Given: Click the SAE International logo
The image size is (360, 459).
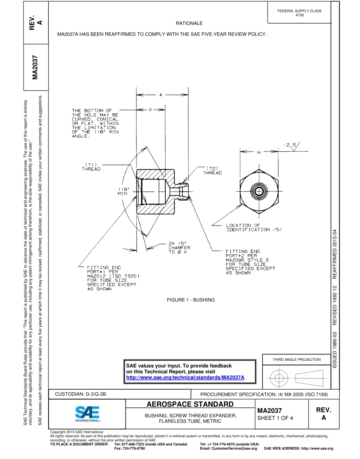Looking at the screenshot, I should pos(87,414).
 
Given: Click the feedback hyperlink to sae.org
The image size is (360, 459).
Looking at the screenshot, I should pos(185,378).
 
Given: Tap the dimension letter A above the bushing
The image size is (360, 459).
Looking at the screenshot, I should pos(160,95).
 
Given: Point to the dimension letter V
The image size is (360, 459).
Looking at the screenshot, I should pos(150,110).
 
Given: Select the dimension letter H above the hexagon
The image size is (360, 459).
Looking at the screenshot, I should pos(259,152).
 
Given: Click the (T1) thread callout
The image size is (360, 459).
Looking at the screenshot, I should pos(91,167).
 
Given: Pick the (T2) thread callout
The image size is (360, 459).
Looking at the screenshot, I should pos(212,170).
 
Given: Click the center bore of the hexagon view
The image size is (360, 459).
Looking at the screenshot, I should pos(259,191).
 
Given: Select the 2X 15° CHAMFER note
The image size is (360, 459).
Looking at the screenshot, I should pos(179,248).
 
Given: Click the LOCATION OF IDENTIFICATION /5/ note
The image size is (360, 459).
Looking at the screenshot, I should pos(253,227).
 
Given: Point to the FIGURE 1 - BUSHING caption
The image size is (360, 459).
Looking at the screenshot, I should pos(191,300).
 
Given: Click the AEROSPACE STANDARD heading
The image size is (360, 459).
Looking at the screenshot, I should pos(190,404).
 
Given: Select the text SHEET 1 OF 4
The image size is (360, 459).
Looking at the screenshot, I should pos(275,418).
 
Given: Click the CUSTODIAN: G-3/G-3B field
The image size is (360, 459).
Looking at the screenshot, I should pos(80,394).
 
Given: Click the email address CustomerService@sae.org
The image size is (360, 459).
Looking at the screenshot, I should pos(228,448).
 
